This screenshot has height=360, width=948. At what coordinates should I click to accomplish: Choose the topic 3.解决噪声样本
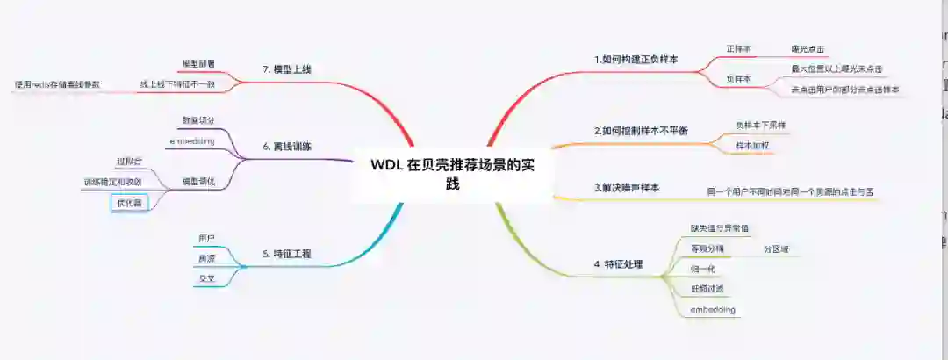point(626,188)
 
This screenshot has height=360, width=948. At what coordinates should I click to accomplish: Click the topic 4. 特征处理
point(620,263)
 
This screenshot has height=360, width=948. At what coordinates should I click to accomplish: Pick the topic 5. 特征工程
point(287,254)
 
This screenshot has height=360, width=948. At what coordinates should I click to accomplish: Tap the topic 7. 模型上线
point(287,68)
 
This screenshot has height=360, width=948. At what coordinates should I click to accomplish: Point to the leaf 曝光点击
point(808,49)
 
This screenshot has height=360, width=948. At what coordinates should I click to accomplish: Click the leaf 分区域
point(776,249)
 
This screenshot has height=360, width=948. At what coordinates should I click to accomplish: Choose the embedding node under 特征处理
point(712,310)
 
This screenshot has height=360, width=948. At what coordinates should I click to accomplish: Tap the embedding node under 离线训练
point(191,140)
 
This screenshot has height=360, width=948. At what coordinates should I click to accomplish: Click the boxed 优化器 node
point(129,203)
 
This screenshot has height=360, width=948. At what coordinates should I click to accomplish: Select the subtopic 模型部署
point(198,64)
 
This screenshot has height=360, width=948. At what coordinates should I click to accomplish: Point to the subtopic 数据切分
point(197,119)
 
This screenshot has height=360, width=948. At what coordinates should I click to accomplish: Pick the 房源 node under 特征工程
point(206,258)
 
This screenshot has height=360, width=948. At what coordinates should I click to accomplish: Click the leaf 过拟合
point(129,162)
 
